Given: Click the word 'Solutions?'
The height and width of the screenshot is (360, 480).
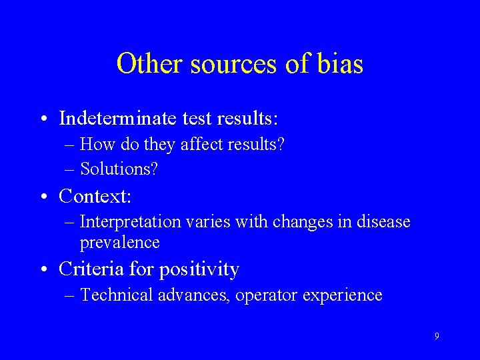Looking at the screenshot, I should pyautogui.click(x=119, y=169).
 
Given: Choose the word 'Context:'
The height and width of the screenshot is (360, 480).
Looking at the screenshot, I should pyautogui.click(x=95, y=196).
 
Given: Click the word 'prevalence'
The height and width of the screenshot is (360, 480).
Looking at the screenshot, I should pyautogui.click(x=119, y=242).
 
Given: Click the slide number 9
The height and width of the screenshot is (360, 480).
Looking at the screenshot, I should pyautogui.click(x=437, y=337).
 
